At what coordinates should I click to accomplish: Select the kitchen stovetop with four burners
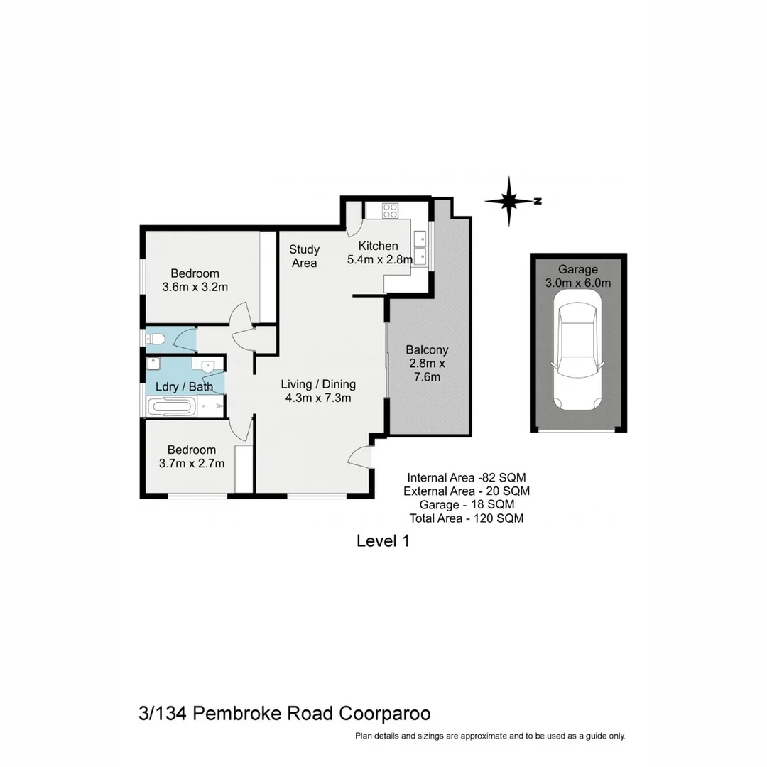pyautogui.click(x=391, y=210)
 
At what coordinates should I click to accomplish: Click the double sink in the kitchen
pyautogui.click(x=421, y=246)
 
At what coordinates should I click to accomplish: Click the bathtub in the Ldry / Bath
pyautogui.click(x=170, y=407)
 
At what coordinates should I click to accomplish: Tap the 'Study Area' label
pyautogui.click(x=304, y=256)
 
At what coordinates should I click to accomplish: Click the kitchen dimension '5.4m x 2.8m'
pyautogui.click(x=379, y=260)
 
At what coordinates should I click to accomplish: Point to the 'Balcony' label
pyautogui.click(x=427, y=349)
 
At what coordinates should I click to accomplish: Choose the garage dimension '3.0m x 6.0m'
pyautogui.click(x=577, y=283)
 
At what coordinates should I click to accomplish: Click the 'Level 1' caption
pyautogui.click(x=383, y=541)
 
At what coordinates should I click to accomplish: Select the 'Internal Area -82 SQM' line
pyautogui.click(x=466, y=477)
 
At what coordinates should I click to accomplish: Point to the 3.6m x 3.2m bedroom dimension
pyautogui.click(x=195, y=287)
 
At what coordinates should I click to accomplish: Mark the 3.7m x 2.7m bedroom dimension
pyautogui.click(x=192, y=464)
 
